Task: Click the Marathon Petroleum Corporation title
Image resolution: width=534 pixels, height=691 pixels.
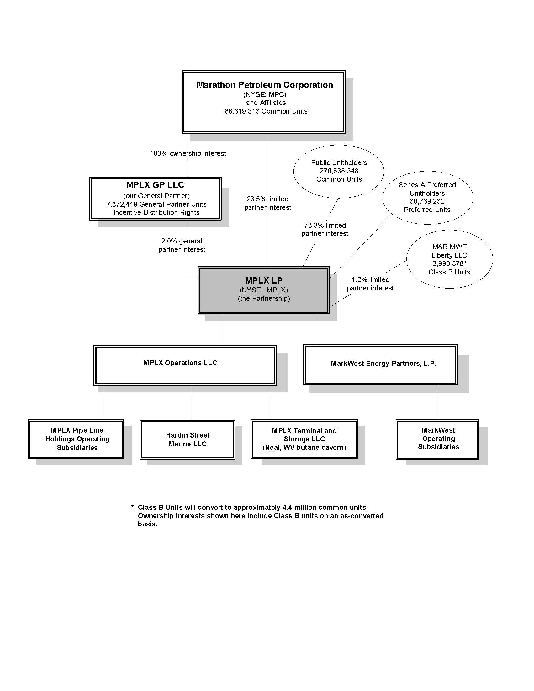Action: point(264,85)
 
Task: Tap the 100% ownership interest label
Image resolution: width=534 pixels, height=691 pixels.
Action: point(188,154)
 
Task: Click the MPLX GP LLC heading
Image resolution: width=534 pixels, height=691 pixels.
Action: point(155,185)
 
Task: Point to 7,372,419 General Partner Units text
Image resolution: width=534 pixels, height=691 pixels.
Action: point(156,205)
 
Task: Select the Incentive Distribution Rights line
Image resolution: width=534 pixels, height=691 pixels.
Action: point(156,213)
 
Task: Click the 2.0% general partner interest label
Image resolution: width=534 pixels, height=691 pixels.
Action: point(182,245)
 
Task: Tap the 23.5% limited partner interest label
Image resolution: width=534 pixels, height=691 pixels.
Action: point(268,203)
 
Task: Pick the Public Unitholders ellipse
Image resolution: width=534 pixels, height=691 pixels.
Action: point(339,171)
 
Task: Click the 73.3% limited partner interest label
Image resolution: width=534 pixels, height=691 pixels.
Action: point(325,229)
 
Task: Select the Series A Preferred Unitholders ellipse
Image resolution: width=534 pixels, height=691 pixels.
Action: point(427,197)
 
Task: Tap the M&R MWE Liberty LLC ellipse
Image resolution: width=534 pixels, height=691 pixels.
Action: point(449,259)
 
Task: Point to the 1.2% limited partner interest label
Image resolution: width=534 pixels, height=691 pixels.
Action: point(370,284)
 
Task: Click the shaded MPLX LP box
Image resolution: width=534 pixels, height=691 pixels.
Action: point(263,290)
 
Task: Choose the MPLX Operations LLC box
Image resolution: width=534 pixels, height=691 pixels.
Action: point(185,365)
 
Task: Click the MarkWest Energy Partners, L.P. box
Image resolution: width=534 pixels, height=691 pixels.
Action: point(380,364)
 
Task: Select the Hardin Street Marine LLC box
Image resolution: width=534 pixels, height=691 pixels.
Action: point(187,439)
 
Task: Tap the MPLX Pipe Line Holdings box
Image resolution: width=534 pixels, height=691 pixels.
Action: point(76,439)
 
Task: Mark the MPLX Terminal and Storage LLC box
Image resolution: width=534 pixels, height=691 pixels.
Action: point(304,439)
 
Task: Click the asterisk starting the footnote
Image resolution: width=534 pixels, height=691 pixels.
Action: point(133,507)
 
